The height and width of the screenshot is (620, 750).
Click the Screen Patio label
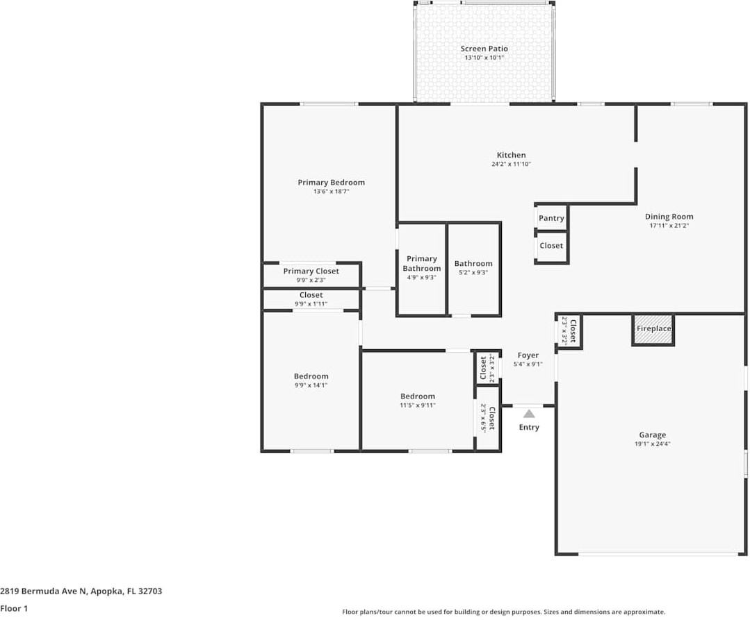[484, 49]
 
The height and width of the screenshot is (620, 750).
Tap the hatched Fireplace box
[653, 330]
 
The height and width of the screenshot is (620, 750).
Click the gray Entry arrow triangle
[529, 414]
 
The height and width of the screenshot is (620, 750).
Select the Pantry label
[551, 218]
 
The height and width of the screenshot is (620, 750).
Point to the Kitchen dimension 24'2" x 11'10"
[511, 165]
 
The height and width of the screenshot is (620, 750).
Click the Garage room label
[652, 435]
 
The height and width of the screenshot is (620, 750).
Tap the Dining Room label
[669, 217]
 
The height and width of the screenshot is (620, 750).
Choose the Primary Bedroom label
[331, 183]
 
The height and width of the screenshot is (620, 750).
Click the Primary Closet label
[311, 271]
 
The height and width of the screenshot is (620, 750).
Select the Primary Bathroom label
[421, 263]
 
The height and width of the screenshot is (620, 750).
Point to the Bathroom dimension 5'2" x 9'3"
[473, 273]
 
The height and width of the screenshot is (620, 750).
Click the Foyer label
[528, 355]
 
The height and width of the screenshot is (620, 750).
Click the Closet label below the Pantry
[551, 246]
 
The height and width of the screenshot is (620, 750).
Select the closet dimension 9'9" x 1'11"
[311, 304]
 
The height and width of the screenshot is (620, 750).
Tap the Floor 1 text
[14, 609]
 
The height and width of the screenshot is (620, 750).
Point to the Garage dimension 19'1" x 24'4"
[652, 444]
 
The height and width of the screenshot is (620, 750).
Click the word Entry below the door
[529, 427]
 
